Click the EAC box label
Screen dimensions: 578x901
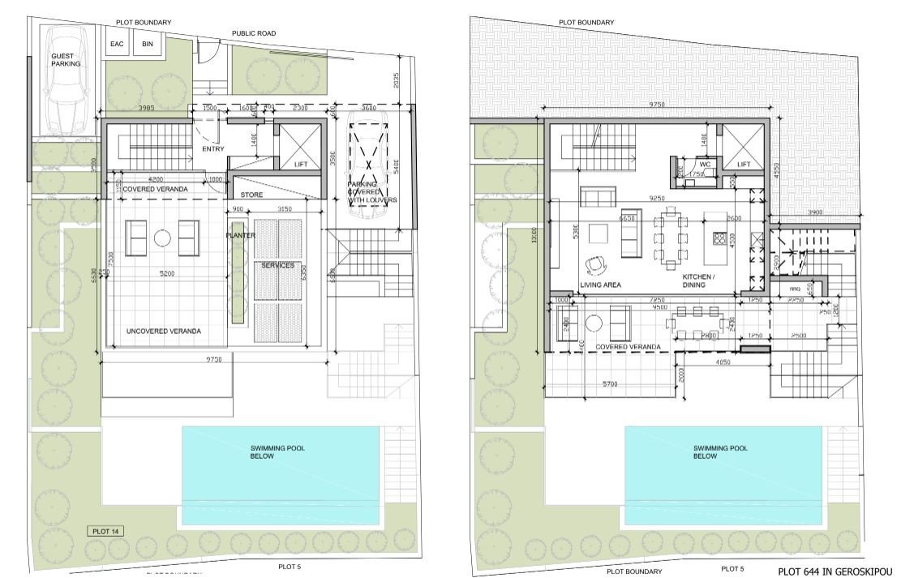coord(117,44)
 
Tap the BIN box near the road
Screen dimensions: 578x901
coord(147,44)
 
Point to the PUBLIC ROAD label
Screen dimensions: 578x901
coord(254,33)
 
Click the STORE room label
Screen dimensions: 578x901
coord(252,195)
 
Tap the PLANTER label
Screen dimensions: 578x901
coord(241,235)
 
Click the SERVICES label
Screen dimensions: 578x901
coord(277,266)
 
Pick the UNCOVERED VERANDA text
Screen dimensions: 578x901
coord(163,331)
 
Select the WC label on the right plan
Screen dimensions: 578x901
coord(705,164)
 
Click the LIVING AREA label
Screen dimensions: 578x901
coord(601,285)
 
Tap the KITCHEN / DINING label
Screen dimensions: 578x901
coord(697,281)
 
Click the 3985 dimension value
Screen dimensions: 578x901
coord(147,108)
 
